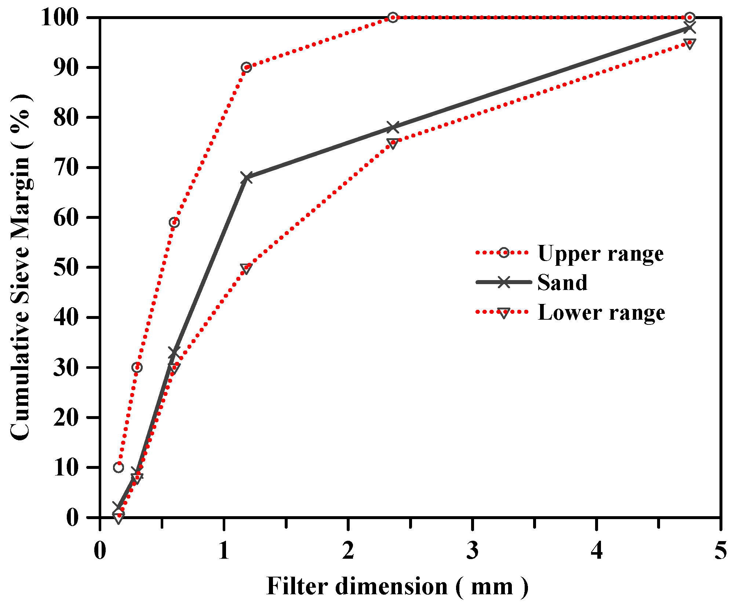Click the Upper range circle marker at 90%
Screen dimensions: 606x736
tap(246, 67)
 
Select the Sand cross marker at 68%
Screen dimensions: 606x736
tap(247, 178)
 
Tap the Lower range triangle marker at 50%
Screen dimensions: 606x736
tap(246, 268)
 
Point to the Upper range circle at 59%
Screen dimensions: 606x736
tap(174, 223)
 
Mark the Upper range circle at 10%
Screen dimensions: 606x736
tap(119, 467)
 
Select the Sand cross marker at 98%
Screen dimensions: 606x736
tap(689, 27)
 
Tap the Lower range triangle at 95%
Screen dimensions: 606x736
tap(689, 44)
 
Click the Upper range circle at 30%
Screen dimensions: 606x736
tap(137, 367)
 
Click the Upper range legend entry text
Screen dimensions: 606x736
tap(601, 253)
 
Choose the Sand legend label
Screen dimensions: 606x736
tap(562, 283)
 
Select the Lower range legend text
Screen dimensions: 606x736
tap(601, 312)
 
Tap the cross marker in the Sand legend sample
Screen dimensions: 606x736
tap(504, 282)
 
